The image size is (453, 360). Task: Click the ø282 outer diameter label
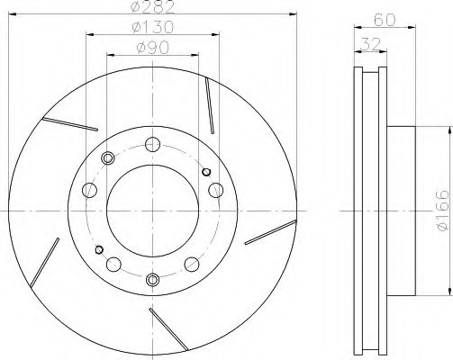(x=154, y=9)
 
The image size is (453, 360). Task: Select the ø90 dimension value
(x=154, y=49)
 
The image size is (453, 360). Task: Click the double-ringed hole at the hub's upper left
(x=109, y=158)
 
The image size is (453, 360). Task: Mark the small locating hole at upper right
(x=206, y=171)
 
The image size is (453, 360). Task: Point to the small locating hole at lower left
(x=99, y=249)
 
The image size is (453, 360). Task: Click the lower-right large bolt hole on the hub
(x=193, y=264)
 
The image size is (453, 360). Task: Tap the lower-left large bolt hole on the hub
(x=115, y=264)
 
